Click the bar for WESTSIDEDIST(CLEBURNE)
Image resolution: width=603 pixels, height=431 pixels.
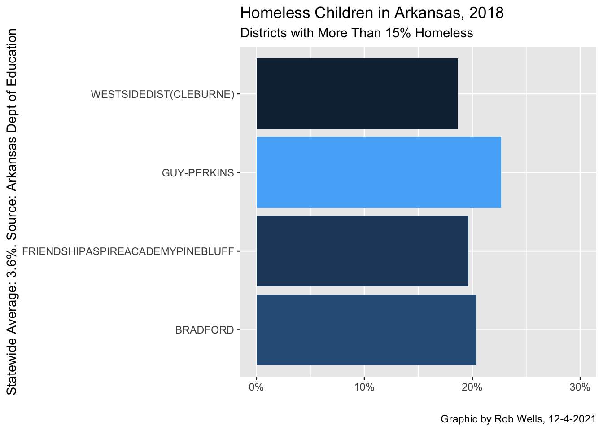(357, 94)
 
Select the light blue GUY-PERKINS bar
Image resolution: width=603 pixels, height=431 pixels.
(378, 172)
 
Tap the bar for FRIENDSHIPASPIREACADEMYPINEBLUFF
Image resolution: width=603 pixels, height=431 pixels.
(362, 251)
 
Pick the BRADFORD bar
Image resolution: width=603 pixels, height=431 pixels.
(366, 330)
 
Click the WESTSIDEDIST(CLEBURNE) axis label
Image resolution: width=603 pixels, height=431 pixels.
(162, 94)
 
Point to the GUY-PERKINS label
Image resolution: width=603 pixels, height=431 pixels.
(198, 173)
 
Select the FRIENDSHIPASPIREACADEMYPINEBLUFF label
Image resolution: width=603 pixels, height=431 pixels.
(128, 251)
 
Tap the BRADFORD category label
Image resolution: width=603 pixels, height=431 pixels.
(205, 330)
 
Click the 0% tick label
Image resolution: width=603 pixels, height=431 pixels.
(256, 387)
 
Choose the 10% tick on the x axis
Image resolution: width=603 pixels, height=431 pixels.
(364, 387)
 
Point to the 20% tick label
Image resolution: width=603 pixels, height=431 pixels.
(472, 387)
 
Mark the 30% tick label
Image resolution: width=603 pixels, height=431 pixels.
(580, 387)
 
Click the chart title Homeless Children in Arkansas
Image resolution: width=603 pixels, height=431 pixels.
(372, 13)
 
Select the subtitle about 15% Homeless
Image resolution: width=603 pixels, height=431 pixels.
(357, 33)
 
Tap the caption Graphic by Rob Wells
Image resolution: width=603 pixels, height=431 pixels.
(518, 419)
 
